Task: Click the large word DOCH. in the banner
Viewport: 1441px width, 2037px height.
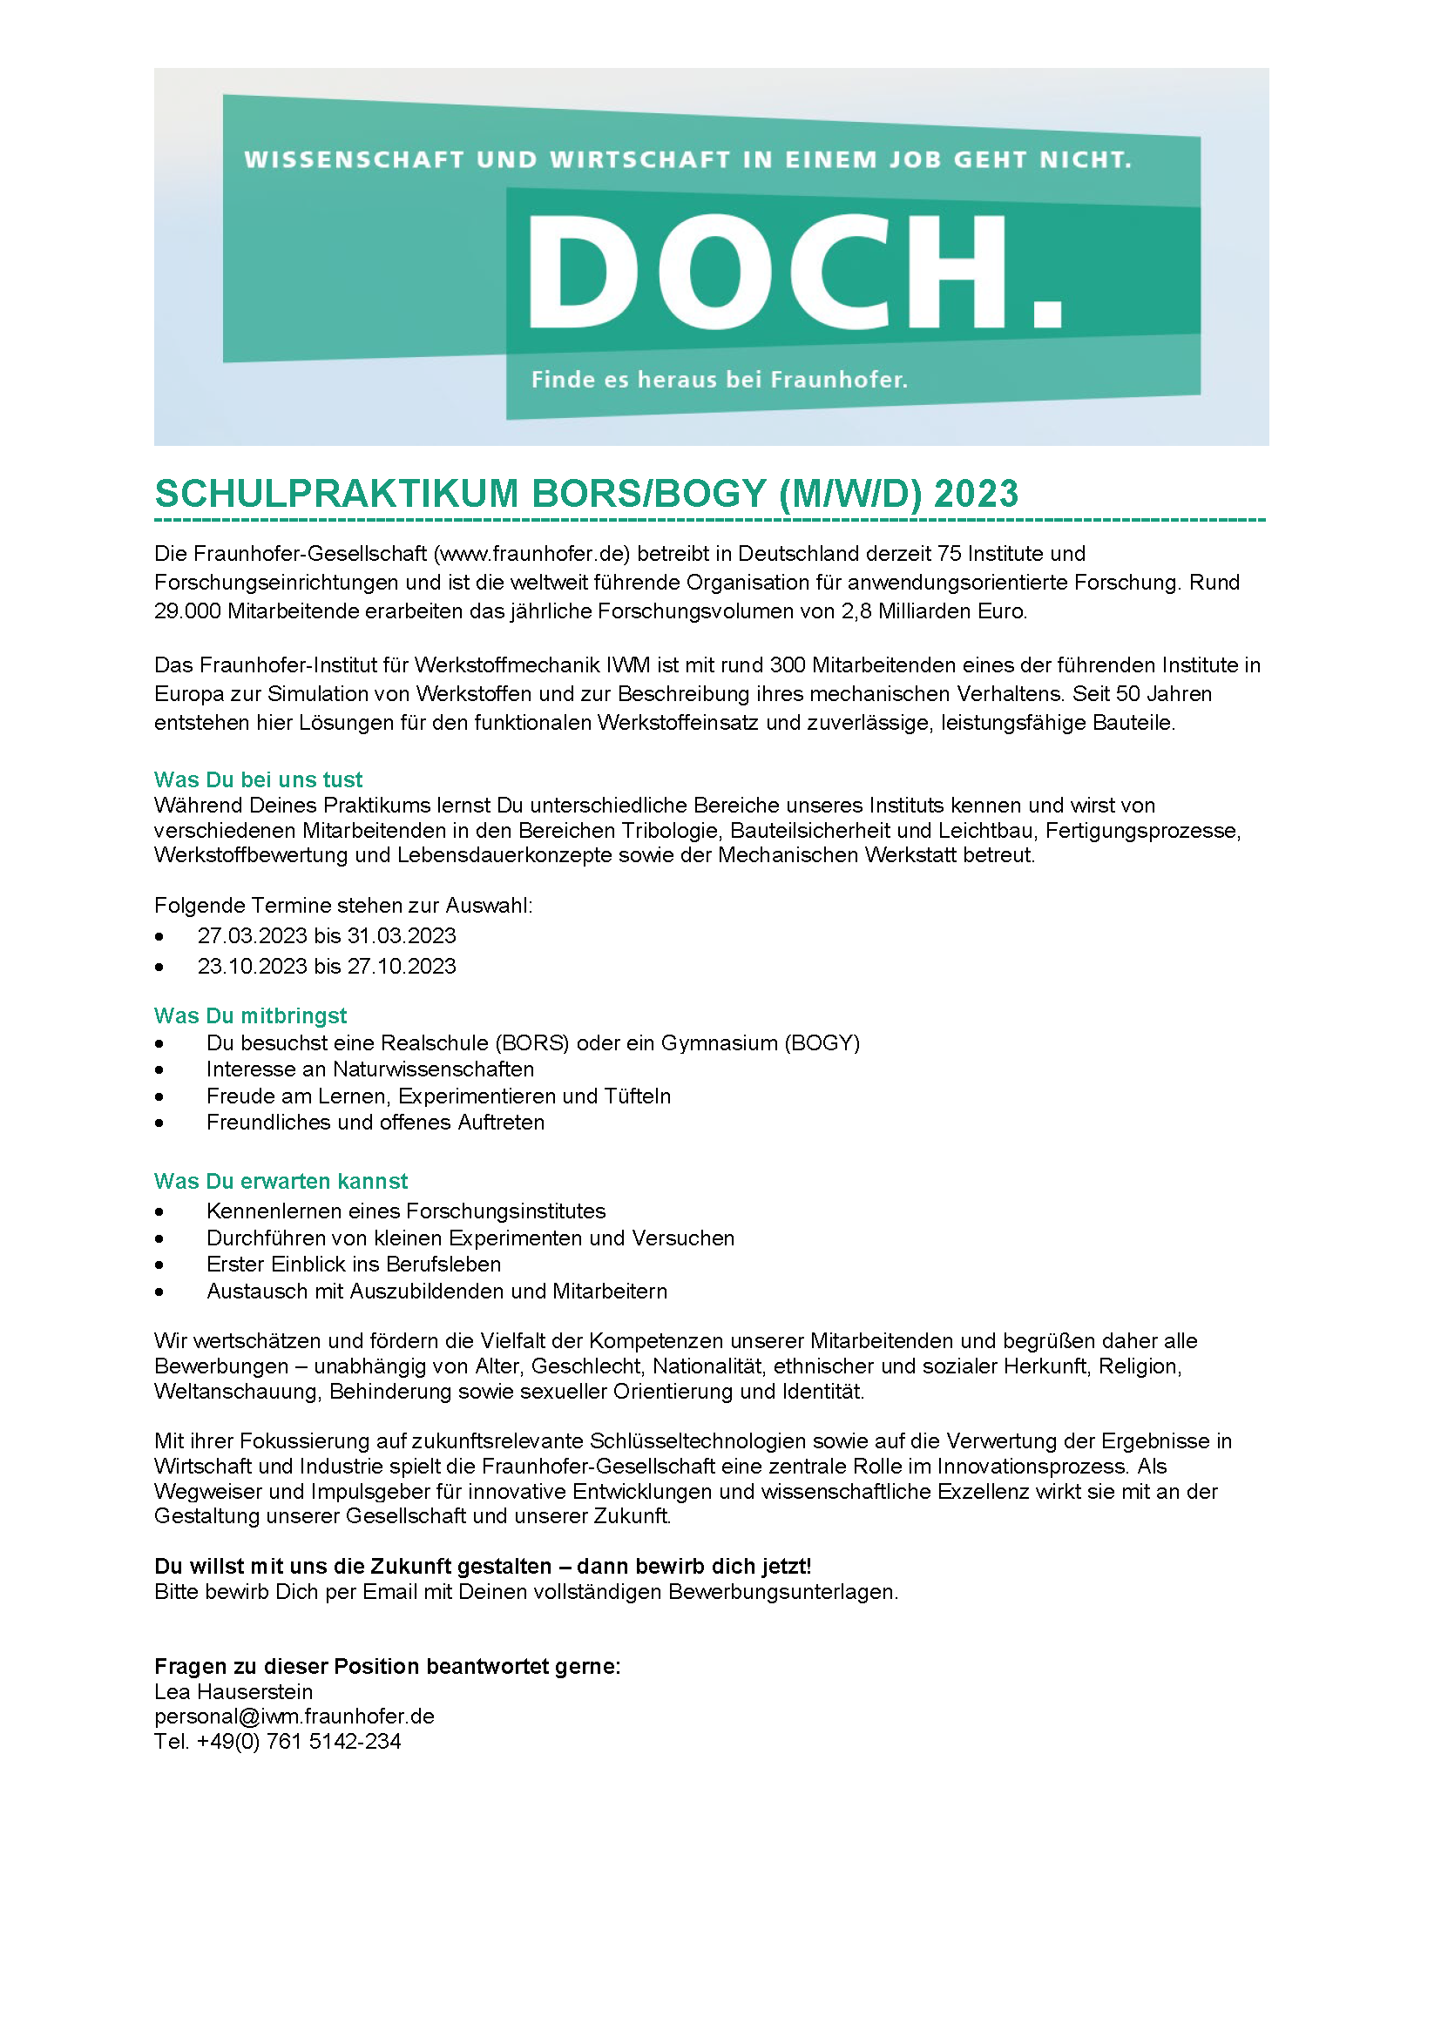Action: pyautogui.click(x=795, y=273)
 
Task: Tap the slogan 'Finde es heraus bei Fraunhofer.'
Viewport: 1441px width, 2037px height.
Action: pyautogui.click(x=719, y=380)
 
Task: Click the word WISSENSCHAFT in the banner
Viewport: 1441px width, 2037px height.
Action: pyautogui.click(x=354, y=159)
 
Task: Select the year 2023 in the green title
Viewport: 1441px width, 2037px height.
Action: pyautogui.click(x=976, y=493)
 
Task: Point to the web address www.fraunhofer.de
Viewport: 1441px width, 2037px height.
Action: pyautogui.click(x=531, y=554)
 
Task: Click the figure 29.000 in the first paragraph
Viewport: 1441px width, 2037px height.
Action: pyautogui.click(x=187, y=611)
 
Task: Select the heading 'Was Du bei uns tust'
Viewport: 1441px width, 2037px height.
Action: pyautogui.click(x=258, y=779)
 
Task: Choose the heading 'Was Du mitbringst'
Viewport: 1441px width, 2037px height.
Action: pyautogui.click(x=250, y=1015)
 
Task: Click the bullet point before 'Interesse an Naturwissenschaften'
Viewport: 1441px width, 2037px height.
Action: pyautogui.click(x=159, y=1071)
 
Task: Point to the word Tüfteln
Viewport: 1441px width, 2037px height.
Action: pyautogui.click(x=636, y=1096)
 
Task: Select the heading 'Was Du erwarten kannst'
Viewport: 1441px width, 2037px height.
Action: pyautogui.click(x=281, y=1182)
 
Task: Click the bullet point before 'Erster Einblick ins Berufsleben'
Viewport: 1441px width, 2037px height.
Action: pyautogui.click(x=159, y=1266)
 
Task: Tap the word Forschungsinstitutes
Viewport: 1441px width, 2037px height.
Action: pyautogui.click(x=506, y=1211)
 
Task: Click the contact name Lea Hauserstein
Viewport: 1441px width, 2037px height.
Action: pyautogui.click(x=233, y=1692)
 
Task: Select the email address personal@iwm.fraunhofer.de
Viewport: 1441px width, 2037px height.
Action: pyautogui.click(x=294, y=1717)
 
